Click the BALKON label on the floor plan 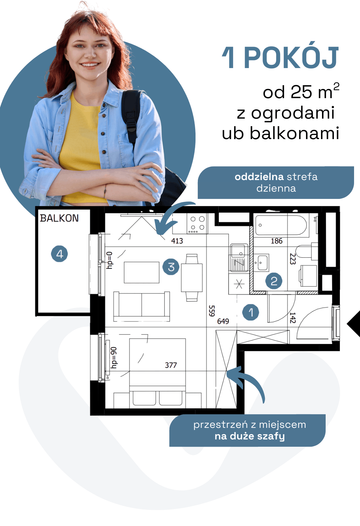pos(59,218)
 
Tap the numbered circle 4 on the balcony pos(59,254)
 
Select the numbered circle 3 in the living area pos(171,267)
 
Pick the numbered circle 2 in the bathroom pos(274,281)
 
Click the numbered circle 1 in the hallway pos(251,312)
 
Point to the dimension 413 pos(177,241)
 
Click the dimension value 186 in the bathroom pos(277,241)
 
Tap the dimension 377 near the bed pos(171,365)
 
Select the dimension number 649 pos(223,321)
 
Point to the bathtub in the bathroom pos(281,225)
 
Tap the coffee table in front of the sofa pos(141,272)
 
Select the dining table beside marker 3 pos(192,278)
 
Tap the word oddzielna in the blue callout pos(259,177)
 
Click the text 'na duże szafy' pos(250,436)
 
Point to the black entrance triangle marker pos(354,324)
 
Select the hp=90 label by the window pos(114,357)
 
